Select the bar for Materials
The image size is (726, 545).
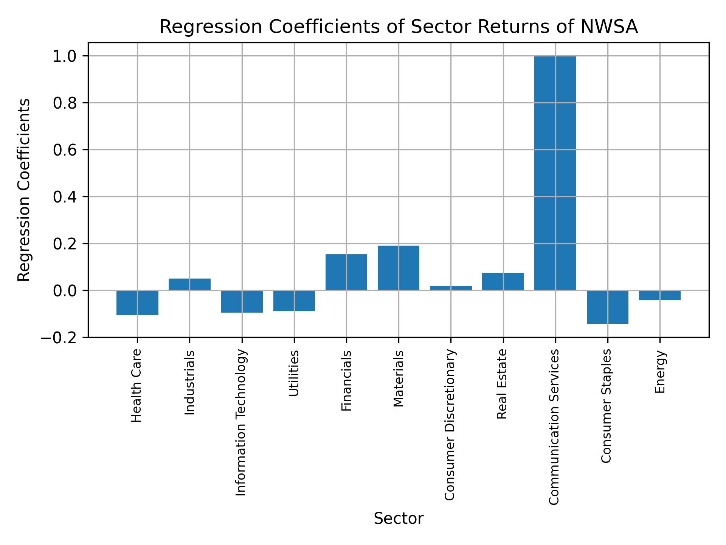pos(398,268)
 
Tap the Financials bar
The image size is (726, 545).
pos(346,272)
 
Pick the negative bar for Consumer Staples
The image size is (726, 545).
pos(607,307)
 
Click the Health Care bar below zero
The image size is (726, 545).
pos(137,302)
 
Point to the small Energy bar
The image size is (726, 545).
pos(659,295)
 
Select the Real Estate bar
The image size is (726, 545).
pos(503,282)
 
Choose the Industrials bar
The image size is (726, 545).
pos(189,284)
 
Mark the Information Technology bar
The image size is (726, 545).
pos(242,301)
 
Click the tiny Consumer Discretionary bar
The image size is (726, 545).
pos(451,288)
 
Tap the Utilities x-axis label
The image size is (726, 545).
pos(294,373)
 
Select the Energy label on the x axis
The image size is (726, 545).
pos(660,372)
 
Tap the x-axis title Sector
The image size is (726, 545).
pos(398,519)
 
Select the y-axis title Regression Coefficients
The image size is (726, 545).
pos(24,190)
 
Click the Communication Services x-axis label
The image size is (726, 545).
pos(554,427)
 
